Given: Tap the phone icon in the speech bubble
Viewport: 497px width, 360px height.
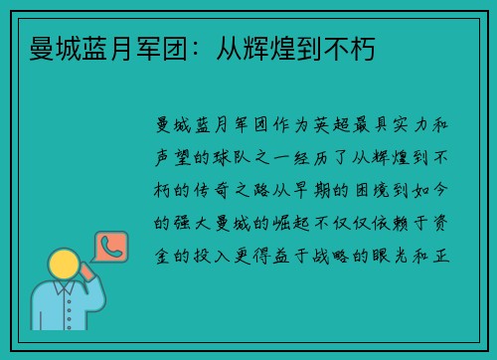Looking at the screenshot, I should pos(109,246).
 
